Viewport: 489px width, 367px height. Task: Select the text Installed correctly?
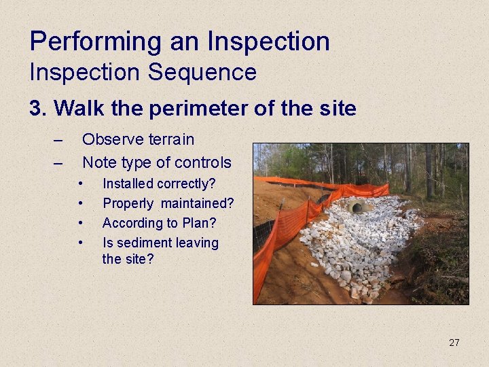158,183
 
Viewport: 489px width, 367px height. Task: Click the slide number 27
454,343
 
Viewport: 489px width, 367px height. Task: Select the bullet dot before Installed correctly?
81,183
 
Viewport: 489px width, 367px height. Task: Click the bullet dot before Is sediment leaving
81,243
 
